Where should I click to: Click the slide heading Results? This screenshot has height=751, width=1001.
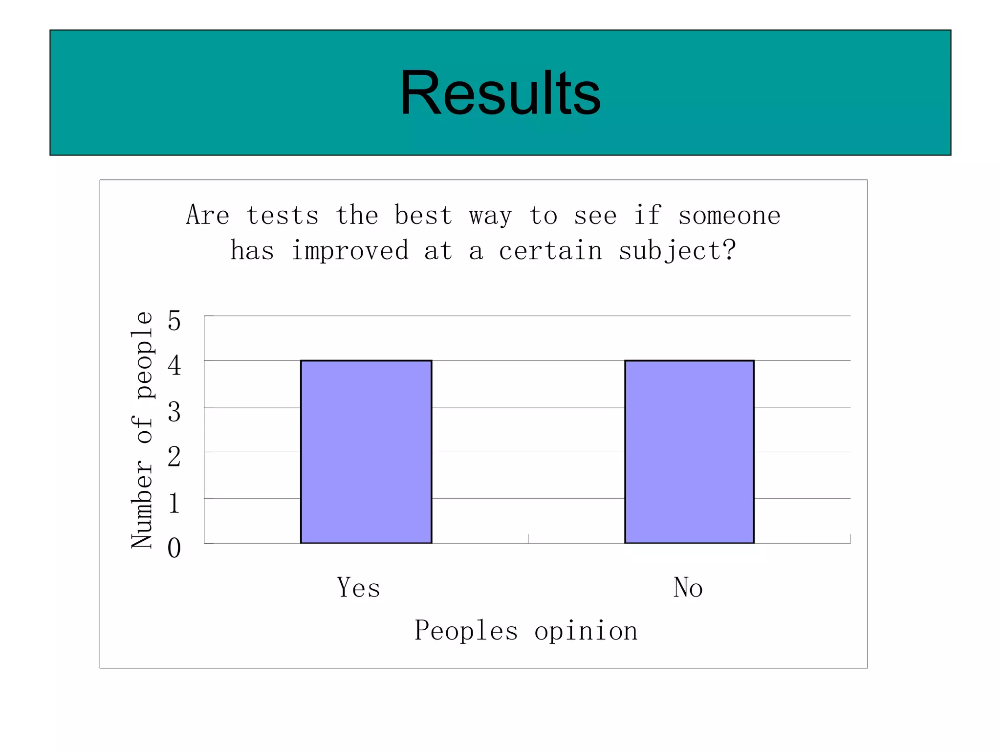pyautogui.click(x=500, y=93)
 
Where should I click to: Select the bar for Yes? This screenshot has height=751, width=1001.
pyautogui.click(x=366, y=451)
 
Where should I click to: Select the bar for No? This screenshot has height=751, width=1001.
pyautogui.click(x=689, y=451)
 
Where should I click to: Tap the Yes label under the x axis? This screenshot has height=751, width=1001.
pyautogui.click(x=358, y=587)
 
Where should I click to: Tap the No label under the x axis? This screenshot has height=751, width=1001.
pyautogui.click(x=688, y=587)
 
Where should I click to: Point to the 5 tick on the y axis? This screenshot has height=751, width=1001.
pyautogui.click(x=174, y=321)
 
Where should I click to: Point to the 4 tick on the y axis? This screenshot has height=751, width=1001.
pyautogui.click(x=174, y=366)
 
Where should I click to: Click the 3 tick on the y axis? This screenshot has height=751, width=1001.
pyautogui.click(x=174, y=412)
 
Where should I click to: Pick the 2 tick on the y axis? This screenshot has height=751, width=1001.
pyautogui.click(x=174, y=457)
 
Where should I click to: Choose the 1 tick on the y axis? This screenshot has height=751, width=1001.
pyautogui.click(x=174, y=503)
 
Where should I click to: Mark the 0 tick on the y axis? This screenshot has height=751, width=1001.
pyautogui.click(x=174, y=548)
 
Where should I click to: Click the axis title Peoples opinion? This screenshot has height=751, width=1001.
pyautogui.click(x=526, y=631)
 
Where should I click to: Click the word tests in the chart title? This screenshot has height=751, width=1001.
pyautogui.click(x=283, y=216)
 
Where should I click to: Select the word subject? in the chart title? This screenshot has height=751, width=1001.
pyautogui.click(x=677, y=251)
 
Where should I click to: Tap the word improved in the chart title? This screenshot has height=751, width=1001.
pyautogui.click(x=350, y=251)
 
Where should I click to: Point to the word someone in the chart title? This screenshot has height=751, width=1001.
pyautogui.click(x=729, y=216)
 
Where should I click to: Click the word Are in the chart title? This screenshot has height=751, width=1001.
pyautogui.click(x=208, y=216)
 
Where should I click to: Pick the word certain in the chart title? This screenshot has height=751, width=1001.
pyautogui.click(x=550, y=251)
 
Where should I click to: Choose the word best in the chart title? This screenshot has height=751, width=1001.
pyautogui.click(x=423, y=216)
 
